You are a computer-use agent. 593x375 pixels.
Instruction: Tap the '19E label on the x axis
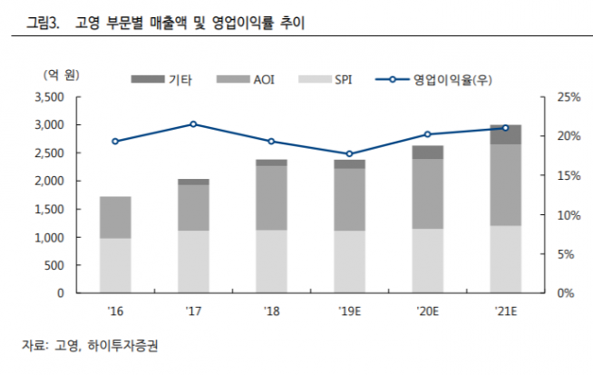(350, 311)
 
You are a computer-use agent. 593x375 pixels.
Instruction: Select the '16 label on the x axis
(115, 311)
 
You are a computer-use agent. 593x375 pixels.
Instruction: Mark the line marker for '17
(193, 123)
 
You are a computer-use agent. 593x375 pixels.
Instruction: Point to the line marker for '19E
(350, 153)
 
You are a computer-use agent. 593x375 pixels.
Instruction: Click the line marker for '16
(115, 141)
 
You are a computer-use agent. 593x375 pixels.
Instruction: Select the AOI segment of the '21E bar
(506, 184)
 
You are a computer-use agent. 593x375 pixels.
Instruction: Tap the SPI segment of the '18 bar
(271, 262)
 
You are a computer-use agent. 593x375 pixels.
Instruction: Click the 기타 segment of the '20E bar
(428, 152)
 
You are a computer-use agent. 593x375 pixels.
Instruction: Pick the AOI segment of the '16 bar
(115, 217)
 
